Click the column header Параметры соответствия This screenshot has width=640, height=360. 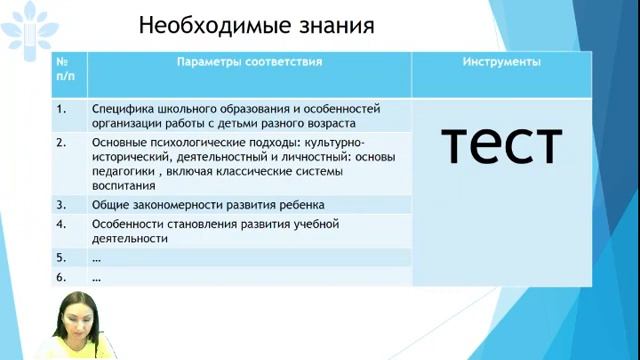point(249,62)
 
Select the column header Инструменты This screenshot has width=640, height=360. point(502,62)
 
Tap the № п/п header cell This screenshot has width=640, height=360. point(66,68)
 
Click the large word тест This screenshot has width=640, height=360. point(502,145)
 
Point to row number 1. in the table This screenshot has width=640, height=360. point(61,109)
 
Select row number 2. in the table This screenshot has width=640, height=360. point(61,142)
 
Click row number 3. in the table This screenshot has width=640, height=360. point(61,204)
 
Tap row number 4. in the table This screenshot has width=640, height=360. point(61,224)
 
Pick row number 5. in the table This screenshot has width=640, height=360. point(61,257)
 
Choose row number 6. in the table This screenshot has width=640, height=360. point(61,277)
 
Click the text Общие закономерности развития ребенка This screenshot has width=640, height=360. point(208,204)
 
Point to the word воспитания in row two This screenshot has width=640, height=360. point(123,186)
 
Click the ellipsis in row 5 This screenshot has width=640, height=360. point(96,257)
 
